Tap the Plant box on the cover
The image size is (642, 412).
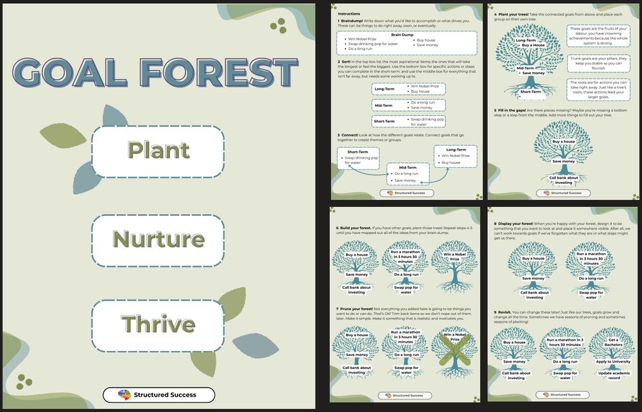158,150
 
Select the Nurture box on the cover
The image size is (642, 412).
158,239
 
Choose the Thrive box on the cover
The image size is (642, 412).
158,324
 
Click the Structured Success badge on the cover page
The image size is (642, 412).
158,394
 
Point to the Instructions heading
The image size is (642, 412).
349,13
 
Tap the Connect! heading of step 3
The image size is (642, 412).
352,135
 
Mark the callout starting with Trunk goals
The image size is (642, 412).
598,63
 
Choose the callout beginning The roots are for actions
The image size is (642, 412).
598,89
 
